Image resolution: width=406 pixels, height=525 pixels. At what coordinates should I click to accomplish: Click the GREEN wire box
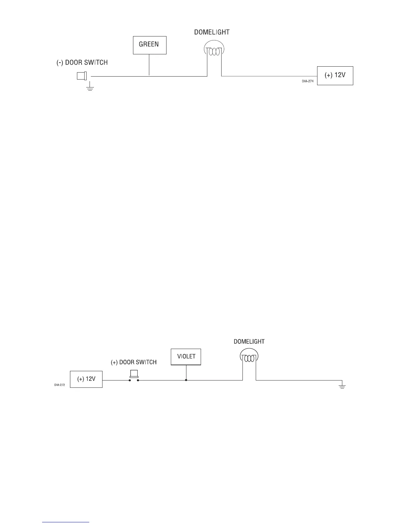[x=149, y=45]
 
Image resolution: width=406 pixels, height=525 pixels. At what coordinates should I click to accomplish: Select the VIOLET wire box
[x=186, y=357]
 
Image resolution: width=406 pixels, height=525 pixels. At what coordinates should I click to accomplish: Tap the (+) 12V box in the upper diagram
[x=335, y=76]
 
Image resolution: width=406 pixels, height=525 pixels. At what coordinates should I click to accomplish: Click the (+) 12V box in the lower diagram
[x=86, y=379]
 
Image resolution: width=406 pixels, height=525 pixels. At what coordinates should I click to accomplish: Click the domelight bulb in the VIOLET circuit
[x=249, y=357]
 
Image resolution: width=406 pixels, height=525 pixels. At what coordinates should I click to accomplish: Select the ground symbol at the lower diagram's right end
[x=342, y=386]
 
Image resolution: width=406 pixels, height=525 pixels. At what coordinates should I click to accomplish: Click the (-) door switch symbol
[x=82, y=76]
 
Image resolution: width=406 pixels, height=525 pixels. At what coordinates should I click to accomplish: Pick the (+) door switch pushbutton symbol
[x=134, y=375]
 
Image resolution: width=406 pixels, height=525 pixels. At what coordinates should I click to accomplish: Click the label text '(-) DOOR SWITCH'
[x=82, y=63]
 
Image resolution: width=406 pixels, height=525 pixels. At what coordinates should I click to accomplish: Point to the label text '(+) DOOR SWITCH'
[x=134, y=362]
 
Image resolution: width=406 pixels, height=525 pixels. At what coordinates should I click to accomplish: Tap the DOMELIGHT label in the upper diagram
[x=212, y=32]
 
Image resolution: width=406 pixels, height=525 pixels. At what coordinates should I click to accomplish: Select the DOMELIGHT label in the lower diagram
[x=249, y=341]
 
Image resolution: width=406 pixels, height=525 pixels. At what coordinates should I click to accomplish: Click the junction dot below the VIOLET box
[x=186, y=380]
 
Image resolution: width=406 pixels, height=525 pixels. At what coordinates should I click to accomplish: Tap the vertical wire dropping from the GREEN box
[x=149, y=65]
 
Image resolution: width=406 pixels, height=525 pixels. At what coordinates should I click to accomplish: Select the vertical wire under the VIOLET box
[x=186, y=373]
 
